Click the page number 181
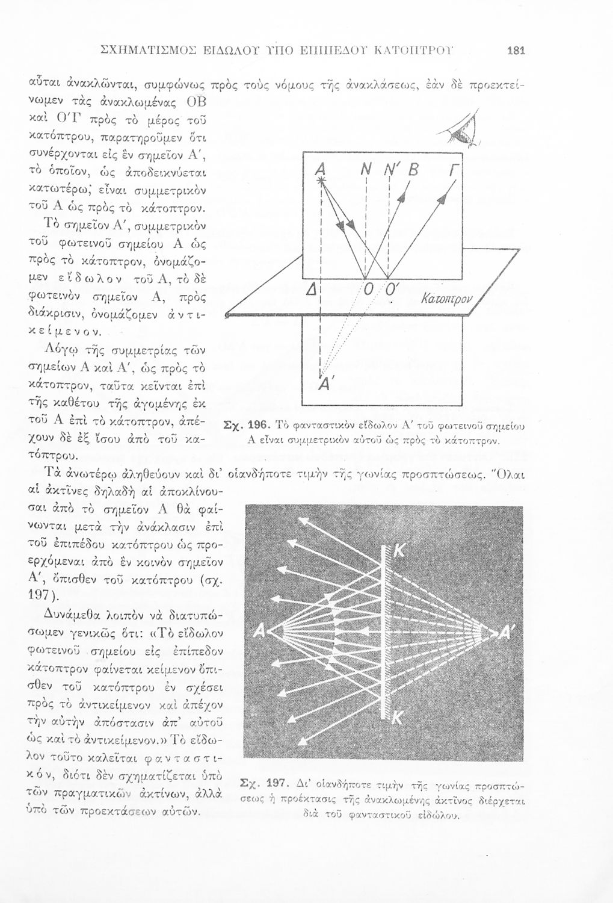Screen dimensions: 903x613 click(516, 51)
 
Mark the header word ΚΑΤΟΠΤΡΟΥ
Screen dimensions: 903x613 click(419, 51)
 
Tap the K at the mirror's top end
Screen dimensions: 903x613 click(398, 550)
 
